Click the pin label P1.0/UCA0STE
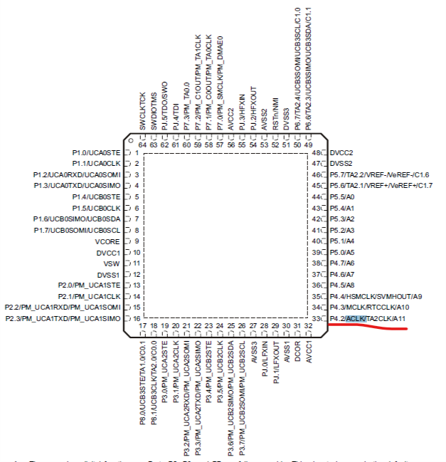click(97, 152)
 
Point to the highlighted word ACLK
click(356, 318)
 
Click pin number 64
click(142, 145)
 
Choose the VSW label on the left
click(113, 263)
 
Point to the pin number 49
click(308, 145)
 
